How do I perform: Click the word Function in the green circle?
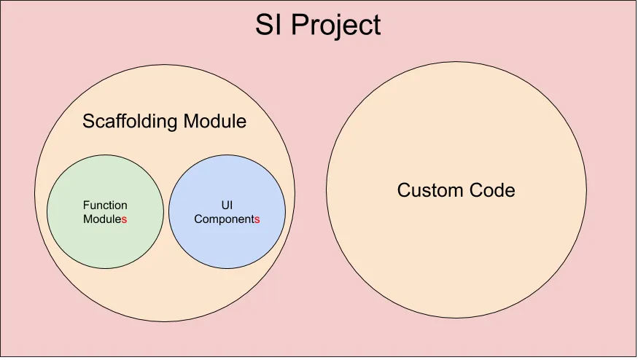click(x=105, y=206)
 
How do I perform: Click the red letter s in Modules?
click(x=125, y=219)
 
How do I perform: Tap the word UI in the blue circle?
click(x=227, y=206)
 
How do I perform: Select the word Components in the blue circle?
click(x=227, y=219)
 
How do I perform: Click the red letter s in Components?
click(x=257, y=219)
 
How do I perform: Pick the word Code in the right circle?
click(x=490, y=191)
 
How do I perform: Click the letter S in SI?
click(x=262, y=26)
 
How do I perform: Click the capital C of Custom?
click(x=404, y=191)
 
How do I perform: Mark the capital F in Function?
click(x=85, y=206)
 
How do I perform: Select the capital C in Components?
click(x=198, y=219)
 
